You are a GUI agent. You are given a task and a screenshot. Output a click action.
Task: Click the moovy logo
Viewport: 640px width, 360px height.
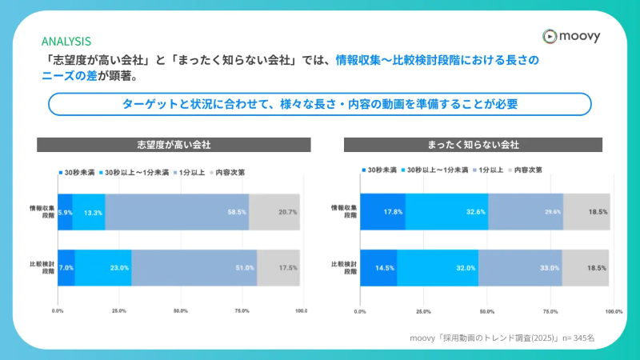click(570, 36)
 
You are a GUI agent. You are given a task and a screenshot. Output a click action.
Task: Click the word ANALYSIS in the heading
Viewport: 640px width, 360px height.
click(66, 41)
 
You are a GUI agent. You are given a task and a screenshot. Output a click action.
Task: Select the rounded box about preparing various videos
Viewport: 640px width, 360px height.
click(320, 104)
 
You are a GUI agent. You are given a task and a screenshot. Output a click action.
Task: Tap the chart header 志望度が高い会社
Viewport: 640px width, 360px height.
click(174, 145)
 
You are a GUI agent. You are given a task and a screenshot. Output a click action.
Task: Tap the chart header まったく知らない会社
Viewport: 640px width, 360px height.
click(473, 145)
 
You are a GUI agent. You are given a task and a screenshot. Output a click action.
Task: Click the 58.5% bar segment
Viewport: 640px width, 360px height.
click(177, 212)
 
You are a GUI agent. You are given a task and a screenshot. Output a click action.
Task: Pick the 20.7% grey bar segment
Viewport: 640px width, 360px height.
click(274, 212)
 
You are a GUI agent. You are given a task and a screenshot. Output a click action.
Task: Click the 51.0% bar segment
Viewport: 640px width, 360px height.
click(194, 268)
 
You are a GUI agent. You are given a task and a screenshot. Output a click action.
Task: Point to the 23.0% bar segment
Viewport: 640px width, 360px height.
click(103, 268)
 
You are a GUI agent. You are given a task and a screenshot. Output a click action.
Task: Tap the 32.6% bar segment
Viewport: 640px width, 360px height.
click(446, 212)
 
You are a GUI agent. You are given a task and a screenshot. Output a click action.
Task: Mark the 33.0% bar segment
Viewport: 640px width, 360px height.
click(520, 268)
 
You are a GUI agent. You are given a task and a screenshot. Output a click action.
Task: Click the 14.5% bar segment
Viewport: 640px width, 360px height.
click(378, 268)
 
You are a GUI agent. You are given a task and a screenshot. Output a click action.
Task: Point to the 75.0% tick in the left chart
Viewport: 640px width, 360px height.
click(241, 310)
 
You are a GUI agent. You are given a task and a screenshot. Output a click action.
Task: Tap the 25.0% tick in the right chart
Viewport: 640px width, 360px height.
click(423, 310)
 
